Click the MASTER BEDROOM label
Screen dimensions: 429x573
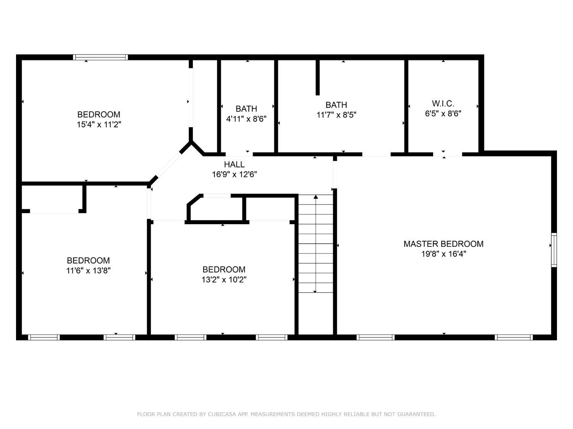coord(443,244)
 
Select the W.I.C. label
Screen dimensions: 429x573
coord(443,103)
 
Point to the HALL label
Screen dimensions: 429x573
coord(234,164)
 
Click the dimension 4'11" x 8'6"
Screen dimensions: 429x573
coord(246,119)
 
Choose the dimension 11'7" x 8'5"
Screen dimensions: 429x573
coord(336,115)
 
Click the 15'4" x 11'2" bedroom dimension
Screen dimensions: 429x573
coord(99,125)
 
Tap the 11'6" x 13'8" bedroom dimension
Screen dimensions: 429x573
coord(88,271)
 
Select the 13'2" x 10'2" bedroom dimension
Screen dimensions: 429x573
coord(224,280)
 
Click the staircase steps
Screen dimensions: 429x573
coord(316,248)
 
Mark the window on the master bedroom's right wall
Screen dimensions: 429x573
coord(554,250)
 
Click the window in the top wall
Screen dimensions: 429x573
coord(100,58)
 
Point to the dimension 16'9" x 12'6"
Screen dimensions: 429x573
coord(234,175)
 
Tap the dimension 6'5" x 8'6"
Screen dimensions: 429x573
coord(443,114)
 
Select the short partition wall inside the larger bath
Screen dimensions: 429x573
coord(317,77)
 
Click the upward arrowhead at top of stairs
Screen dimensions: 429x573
coord(316,197)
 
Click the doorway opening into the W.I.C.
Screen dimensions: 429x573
coord(447,154)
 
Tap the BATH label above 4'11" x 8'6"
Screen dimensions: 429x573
coord(246,109)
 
